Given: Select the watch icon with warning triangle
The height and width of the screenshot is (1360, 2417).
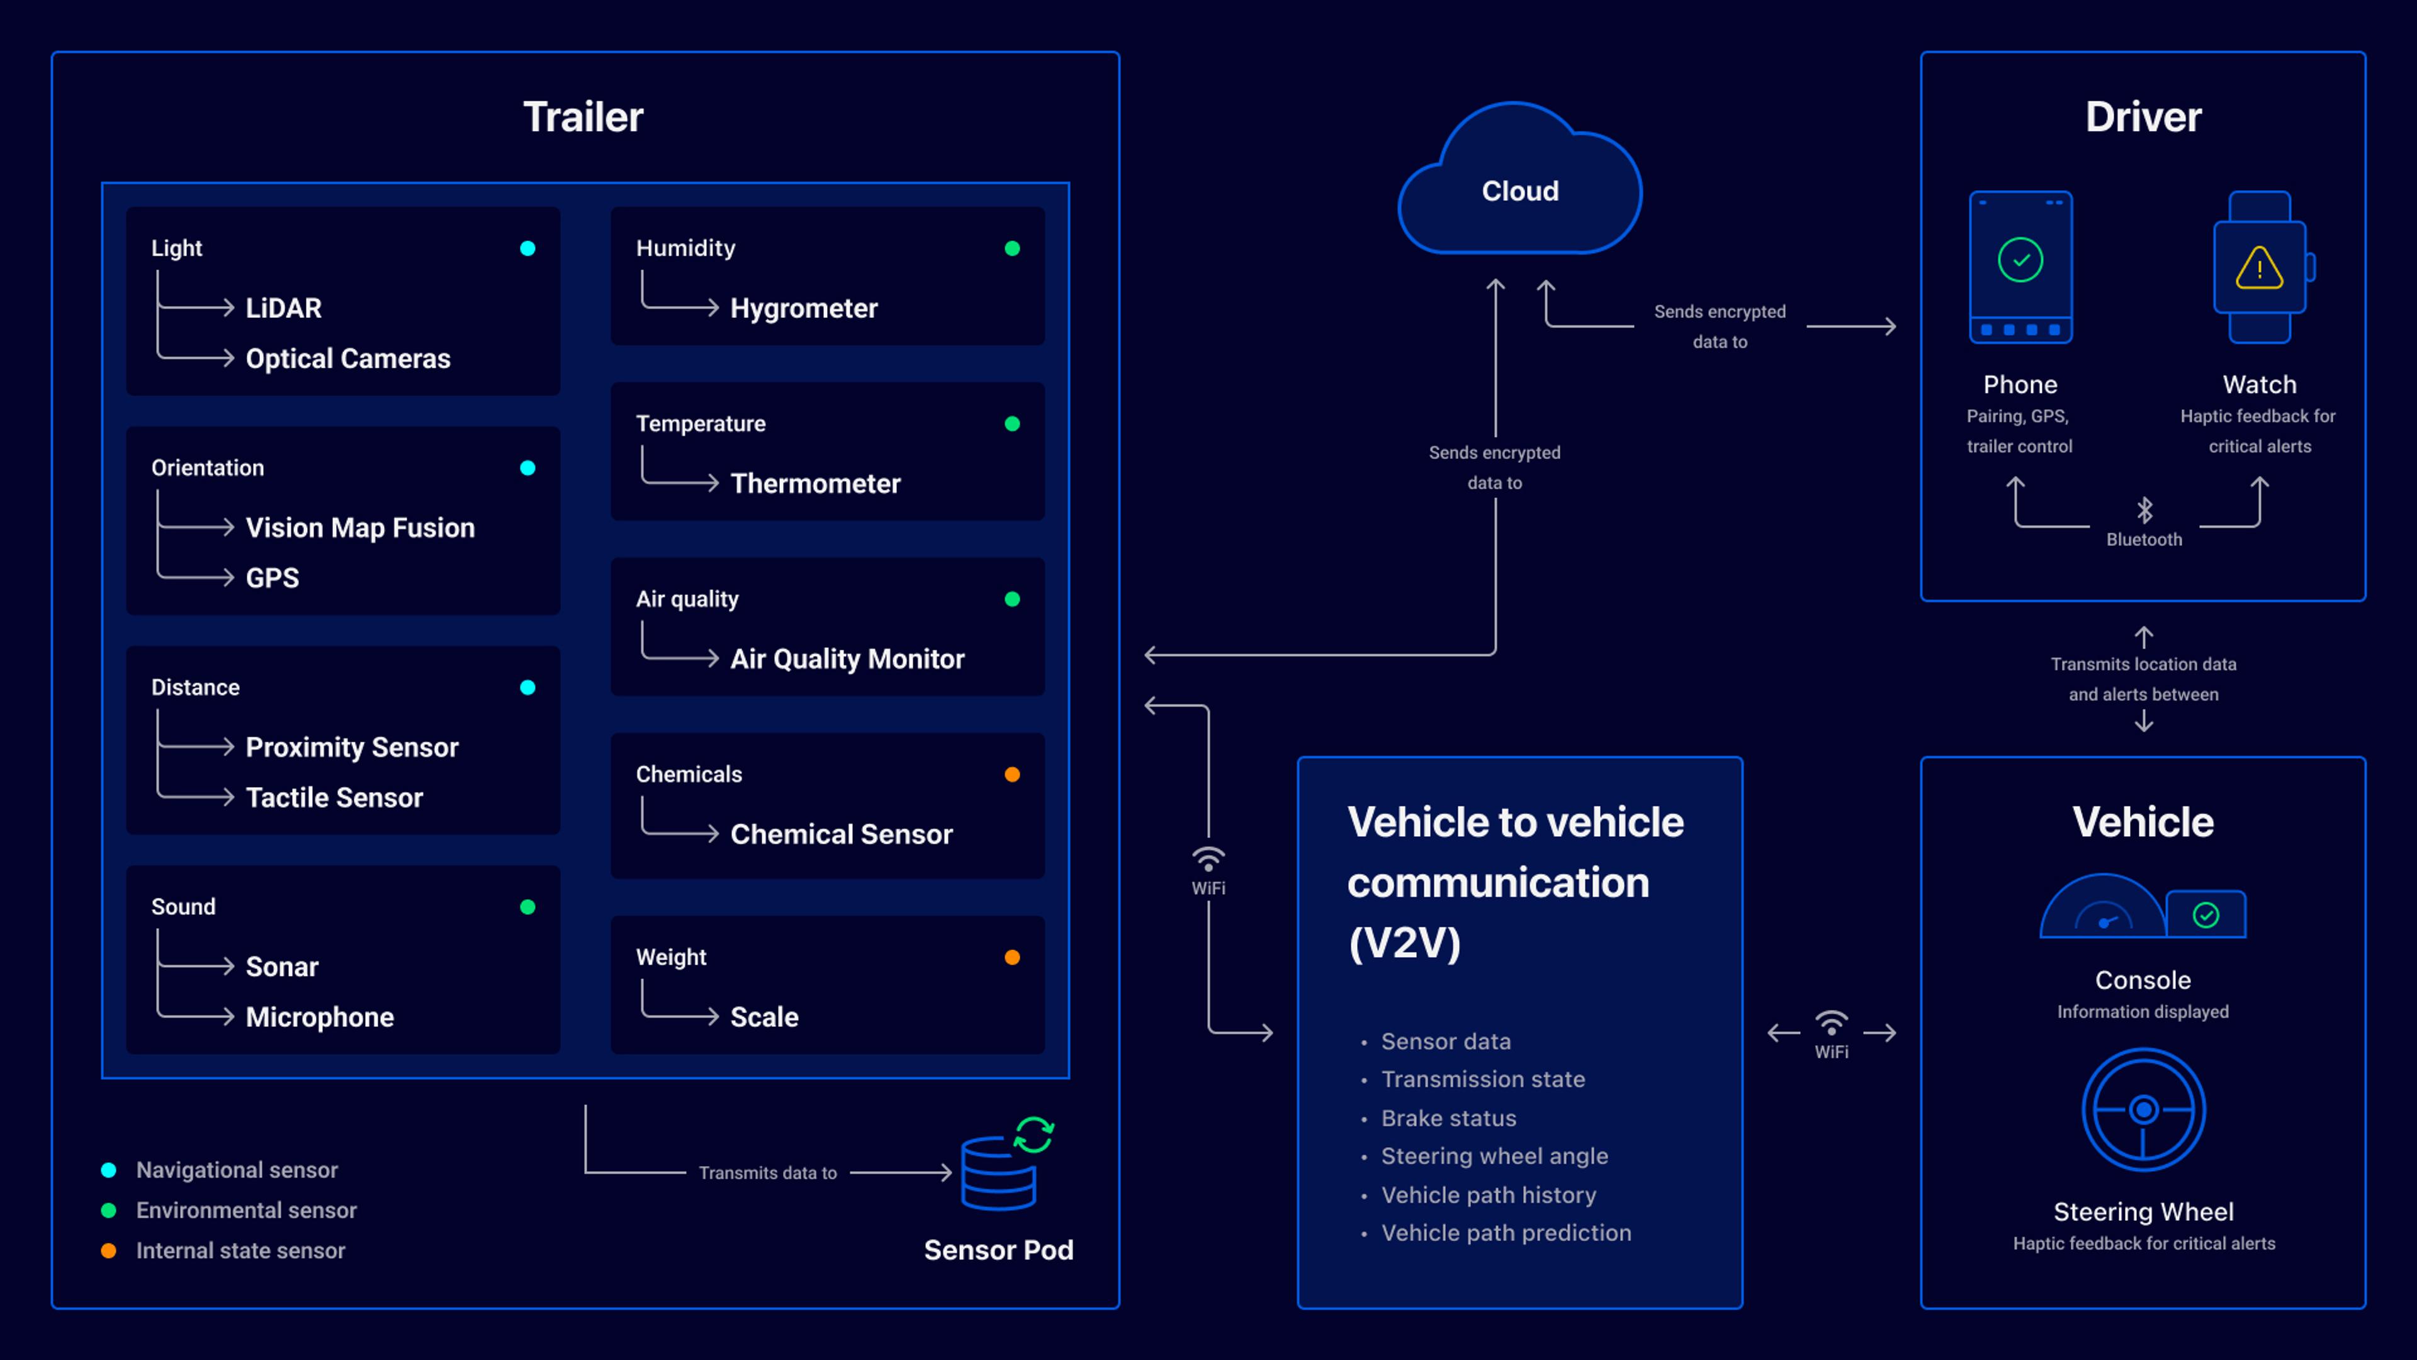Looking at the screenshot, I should coord(2260,268).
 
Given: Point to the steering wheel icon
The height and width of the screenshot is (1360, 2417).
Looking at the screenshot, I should coord(2143,1109).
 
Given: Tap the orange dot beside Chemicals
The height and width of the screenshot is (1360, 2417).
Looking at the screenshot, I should coord(1012,774).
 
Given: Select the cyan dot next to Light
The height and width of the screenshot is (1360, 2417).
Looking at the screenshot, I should coord(527,249).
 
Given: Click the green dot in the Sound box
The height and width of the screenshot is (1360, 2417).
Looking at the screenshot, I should coord(527,907).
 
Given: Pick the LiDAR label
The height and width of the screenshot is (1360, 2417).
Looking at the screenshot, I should coord(283,308).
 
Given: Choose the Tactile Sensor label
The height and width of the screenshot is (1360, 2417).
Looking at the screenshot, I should coord(334,798).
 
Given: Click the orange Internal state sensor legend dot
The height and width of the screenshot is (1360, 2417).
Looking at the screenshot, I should coord(109,1250).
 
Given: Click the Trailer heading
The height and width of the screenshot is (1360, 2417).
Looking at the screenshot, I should coord(583,117).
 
